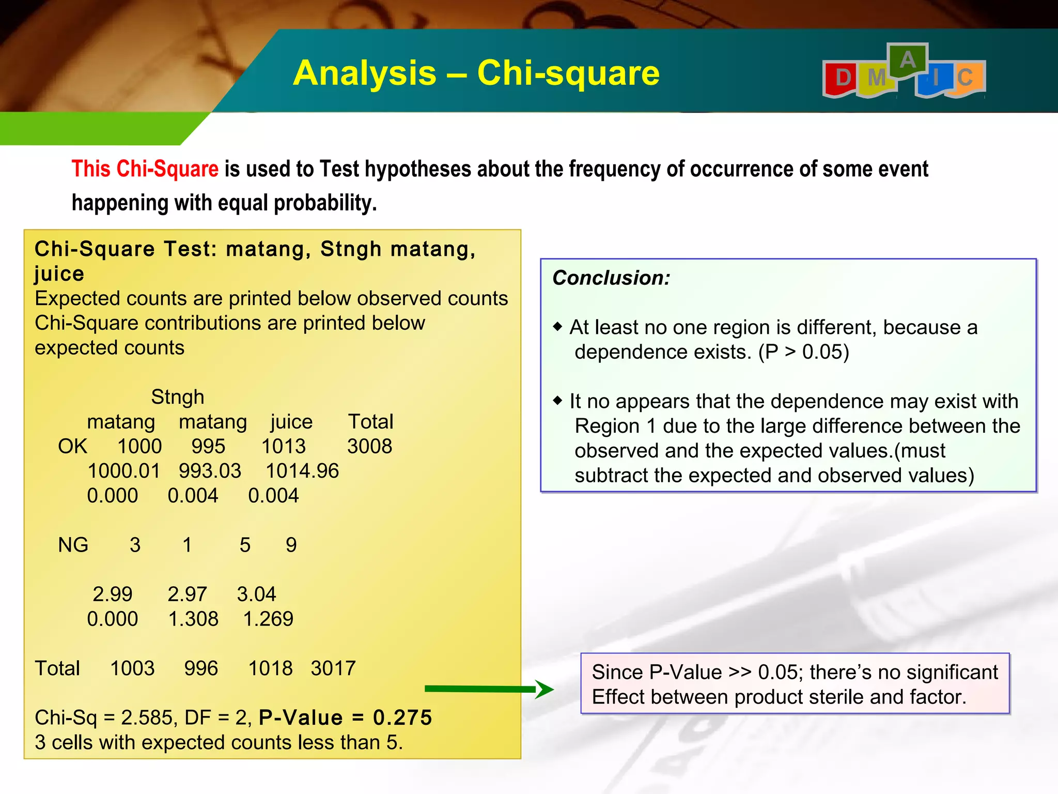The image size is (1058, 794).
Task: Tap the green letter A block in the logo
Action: tap(908, 60)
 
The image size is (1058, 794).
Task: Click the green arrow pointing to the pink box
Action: tap(489, 689)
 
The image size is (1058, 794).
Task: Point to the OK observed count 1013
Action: tap(283, 446)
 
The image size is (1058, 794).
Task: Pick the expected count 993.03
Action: tap(210, 471)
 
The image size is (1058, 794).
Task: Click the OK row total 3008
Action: tap(369, 446)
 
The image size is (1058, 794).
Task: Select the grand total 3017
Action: tap(333, 668)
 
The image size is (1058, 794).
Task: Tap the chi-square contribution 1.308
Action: tap(193, 619)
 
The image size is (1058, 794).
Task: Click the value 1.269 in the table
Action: tap(268, 619)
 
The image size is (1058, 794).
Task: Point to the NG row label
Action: tap(73, 545)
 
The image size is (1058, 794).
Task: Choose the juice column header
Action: tap(291, 422)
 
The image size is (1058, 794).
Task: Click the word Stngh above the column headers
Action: tap(177, 397)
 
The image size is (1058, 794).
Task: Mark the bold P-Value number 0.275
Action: tap(402, 717)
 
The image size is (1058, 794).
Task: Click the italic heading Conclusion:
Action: tap(611, 278)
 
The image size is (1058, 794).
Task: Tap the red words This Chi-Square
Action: tap(145, 169)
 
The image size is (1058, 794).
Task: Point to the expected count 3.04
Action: tap(256, 594)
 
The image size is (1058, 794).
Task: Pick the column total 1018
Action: tap(270, 668)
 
